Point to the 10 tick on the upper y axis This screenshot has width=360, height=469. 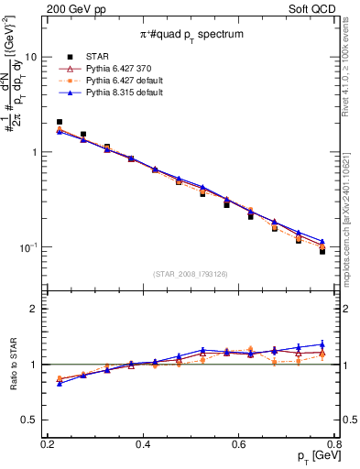[x=32, y=57]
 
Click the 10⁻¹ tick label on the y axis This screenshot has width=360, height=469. [x=29, y=248]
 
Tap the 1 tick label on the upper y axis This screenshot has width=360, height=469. [x=36, y=152]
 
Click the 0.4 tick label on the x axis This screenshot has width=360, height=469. [x=142, y=444]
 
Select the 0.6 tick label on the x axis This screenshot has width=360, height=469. [x=238, y=444]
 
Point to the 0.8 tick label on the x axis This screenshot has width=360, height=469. [x=333, y=444]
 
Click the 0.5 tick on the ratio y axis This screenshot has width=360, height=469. [x=30, y=421]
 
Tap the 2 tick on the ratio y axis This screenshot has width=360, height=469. [x=36, y=309]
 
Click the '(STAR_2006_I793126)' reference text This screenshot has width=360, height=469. [x=191, y=274]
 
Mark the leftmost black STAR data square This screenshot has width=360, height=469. [x=60, y=122]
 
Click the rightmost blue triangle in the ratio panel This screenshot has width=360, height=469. [x=322, y=344]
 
